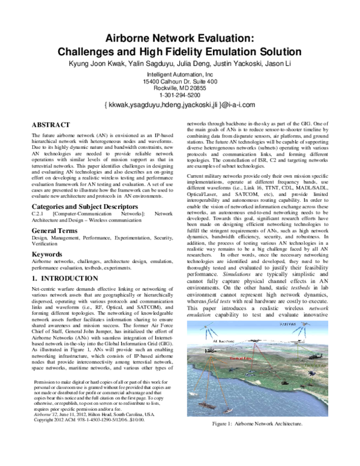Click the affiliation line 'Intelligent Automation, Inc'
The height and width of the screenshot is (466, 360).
pyautogui.click(x=180, y=74)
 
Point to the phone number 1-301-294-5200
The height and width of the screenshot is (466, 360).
pyautogui.click(x=180, y=95)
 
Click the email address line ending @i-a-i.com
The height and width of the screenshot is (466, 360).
pyautogui.click(x=180, y=105)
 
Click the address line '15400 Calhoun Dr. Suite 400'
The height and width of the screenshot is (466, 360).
pyautogui.click(x=180, y=81)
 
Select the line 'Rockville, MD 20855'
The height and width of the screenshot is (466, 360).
pyautogui.click(x=180, y=88)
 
